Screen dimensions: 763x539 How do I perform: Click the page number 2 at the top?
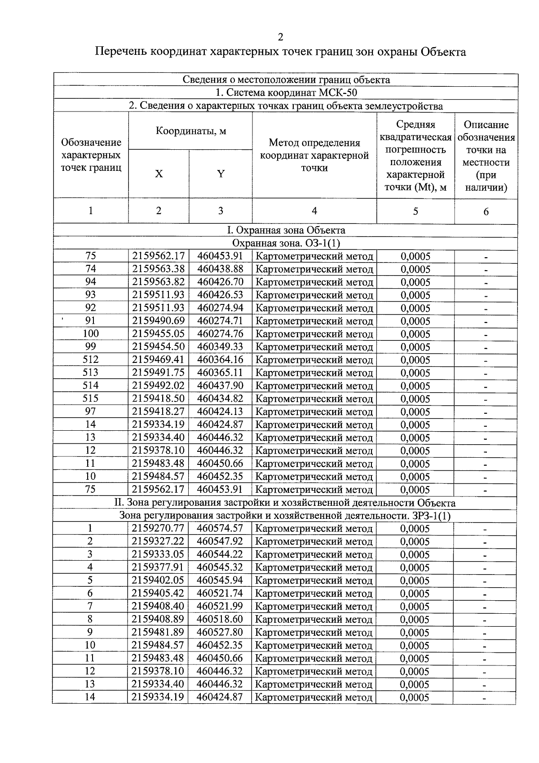pyautogui.click(x=281, y=37)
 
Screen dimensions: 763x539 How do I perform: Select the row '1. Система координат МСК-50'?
pyautogui.click(x=286, y=93)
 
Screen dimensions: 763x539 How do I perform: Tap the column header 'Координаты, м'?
pyautogui.click(x=190, y=131)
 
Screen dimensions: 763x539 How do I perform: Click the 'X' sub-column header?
pyautogui.click(x=159, y=174)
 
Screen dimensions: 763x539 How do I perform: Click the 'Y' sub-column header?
pyautogui.click(x=221, y=174)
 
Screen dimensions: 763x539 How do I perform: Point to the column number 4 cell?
pyautogui.click(x=314, y=210)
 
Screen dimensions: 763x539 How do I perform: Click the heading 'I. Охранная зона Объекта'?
pyautogui.click(x=286, y=230)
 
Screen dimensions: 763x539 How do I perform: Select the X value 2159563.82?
pyautogui.click(x=158, y=282)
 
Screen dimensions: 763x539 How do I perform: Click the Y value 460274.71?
pyautogui.click(x=220, y=321)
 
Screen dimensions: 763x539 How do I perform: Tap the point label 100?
pyautogui.click(x=91, y=334)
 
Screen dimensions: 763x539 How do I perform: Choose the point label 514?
pyautogui.click(x=91, y=385)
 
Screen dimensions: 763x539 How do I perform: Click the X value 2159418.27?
pyautogui.click(x=158, y=411)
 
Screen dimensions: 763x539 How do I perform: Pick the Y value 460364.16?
pyautogui.click(x=220, y=360)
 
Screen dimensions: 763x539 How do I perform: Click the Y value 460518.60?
pyautogui.click(x=220, y=619)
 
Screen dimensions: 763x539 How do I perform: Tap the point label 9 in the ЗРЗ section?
pyautogui.click(x=90, y=632)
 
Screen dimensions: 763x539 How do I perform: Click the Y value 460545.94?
pyautogui.click(x=220, y=580)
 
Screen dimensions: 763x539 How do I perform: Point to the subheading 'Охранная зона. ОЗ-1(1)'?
pyautogui.click(x=286, y=243)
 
